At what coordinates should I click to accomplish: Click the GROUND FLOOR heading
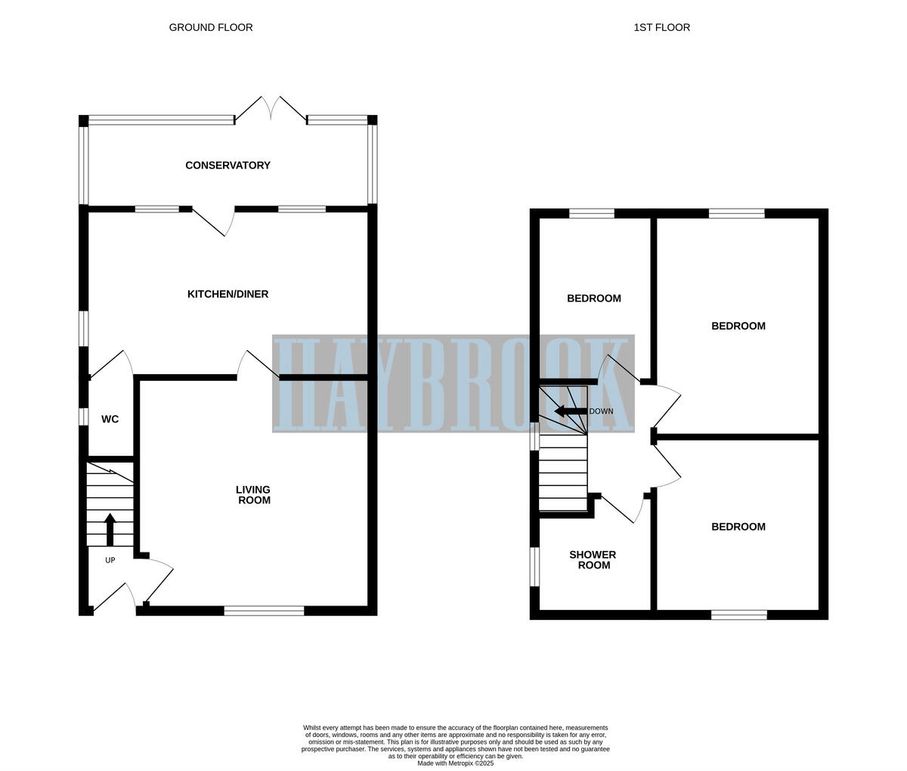click(x=211, y=27)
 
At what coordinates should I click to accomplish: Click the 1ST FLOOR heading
click(x=661, y=27)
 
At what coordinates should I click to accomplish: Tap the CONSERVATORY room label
click(x=228, y=166)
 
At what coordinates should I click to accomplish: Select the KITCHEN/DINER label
click(x=228, y=294)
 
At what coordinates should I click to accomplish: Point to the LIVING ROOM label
click(x=253, y=495)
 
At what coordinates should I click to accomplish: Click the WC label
click(x=110, y=420)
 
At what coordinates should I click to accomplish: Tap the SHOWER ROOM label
click(x=593, y=560)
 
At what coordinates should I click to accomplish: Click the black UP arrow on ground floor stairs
click(x=110, y=529)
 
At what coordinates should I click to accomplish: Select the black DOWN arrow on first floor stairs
click(x=570, y=411)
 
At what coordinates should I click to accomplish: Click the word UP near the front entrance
click(x=110, y=560)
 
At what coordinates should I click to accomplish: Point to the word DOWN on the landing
click(x=601, y=411)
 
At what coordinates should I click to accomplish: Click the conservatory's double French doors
click(x=271, y=110)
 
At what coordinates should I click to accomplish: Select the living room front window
click(x=264, y=611)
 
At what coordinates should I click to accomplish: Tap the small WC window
click(x=84, y=416)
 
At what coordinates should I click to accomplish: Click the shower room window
click(x=534, y=566)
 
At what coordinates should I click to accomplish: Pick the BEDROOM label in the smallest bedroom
click(x=594, y=299)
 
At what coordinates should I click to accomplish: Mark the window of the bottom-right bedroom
click(x=738, y=615)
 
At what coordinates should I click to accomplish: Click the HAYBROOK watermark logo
click(x=453, y=384)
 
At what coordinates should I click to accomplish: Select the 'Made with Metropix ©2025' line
click(x=455, y=763)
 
